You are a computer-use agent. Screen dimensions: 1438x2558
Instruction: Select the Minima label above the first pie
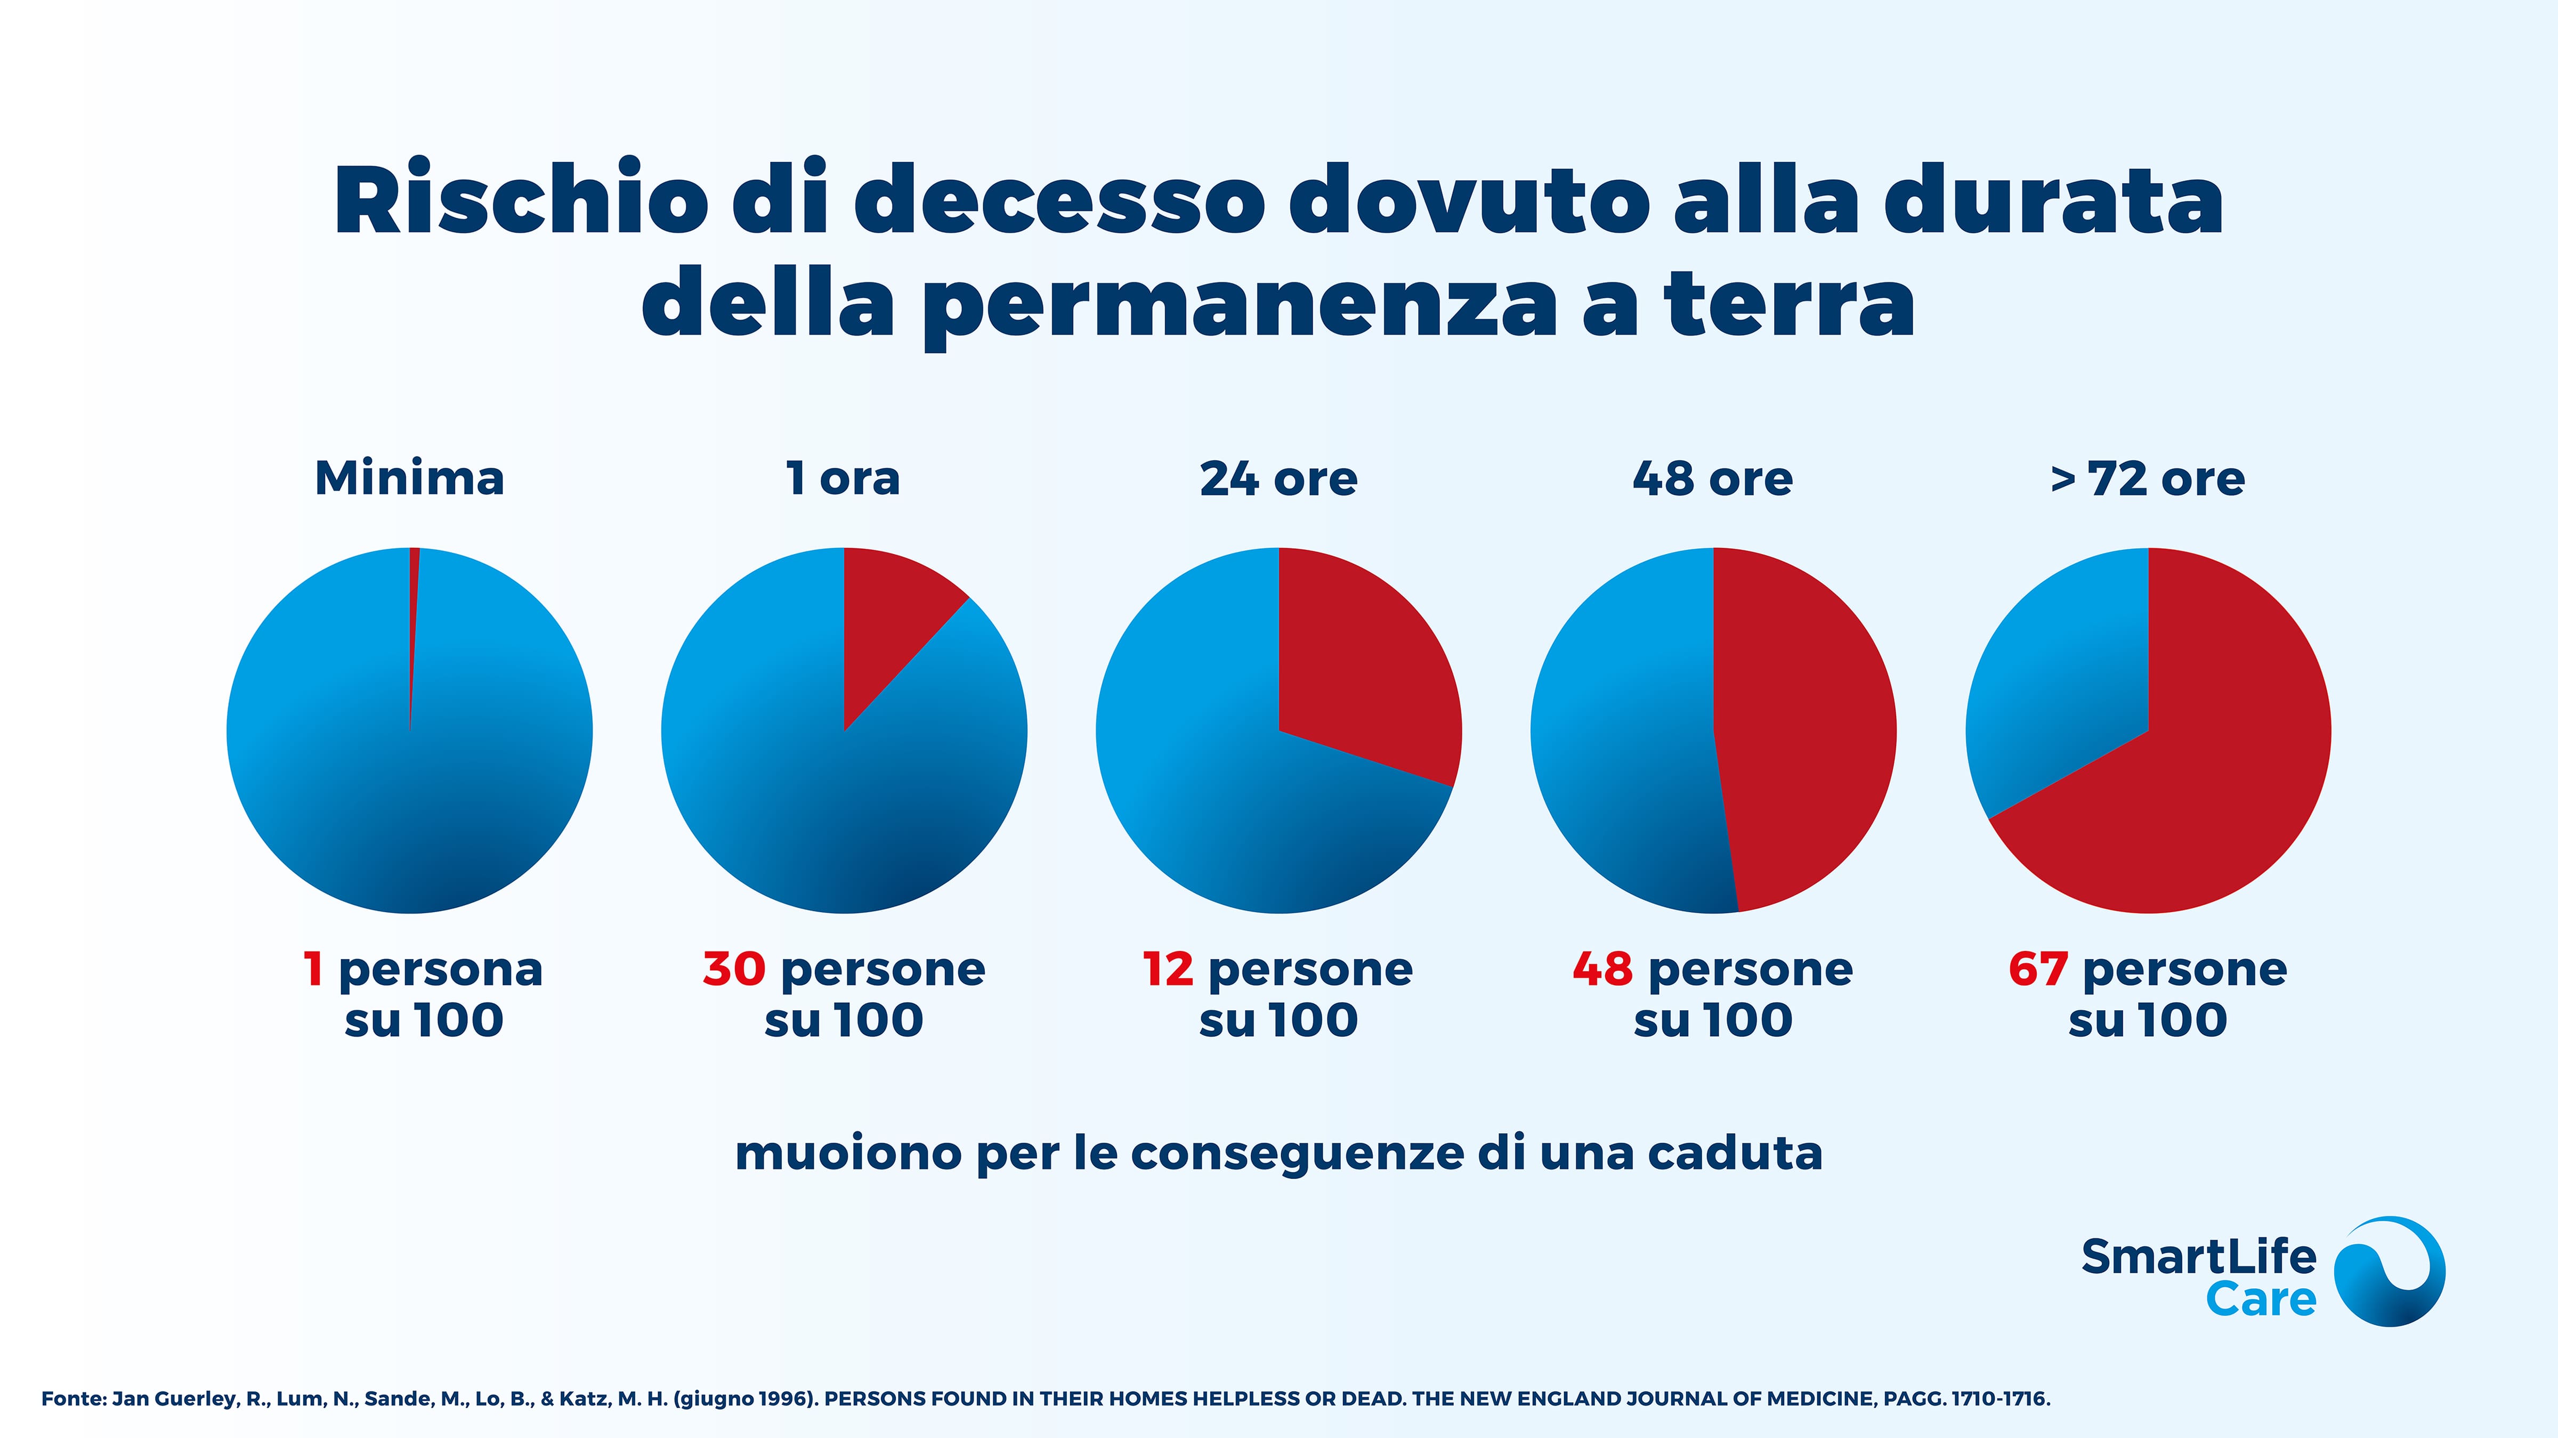coord(409,478)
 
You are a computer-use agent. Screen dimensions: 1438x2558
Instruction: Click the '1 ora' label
coord(843,478)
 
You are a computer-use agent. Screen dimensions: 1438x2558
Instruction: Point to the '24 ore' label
coord(1278,478)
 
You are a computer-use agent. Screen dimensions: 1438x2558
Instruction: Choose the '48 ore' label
coord(1713,478)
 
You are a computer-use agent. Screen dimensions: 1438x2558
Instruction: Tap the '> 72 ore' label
coord(2148,478)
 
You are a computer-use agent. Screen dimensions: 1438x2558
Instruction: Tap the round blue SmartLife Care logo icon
coord(2388,1271)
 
